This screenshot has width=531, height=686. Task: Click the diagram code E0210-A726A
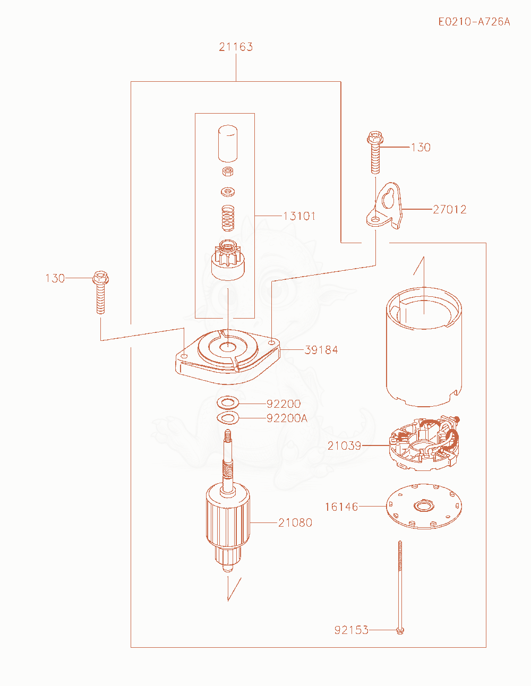[474, 22]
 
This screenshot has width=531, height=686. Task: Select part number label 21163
[236, 47]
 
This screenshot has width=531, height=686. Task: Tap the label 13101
[299, 216]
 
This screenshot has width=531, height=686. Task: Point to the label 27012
[450, 209]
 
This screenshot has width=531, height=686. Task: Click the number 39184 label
[321, 350]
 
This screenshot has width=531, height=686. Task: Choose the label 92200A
[287, 418]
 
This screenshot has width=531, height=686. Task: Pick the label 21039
[344, 445]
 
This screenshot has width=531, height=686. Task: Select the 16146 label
[341, 507]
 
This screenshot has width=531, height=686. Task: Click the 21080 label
[295, 522]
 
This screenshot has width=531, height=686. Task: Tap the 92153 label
[352, 630]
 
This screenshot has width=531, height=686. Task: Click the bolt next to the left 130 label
[101, 292]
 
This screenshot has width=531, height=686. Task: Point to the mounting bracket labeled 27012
[385, 206]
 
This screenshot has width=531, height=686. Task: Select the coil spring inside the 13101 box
[228, 218]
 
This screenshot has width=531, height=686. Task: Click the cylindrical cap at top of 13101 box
[228, 144]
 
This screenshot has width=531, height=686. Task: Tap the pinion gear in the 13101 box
[228, 260]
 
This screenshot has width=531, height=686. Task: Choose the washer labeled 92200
[228, 403]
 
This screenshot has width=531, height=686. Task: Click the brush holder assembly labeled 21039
[424, 443]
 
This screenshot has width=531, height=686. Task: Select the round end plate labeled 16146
[424, 507]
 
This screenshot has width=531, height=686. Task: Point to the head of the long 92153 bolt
[400, 630]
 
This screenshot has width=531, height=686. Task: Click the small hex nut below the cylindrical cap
[228, 171]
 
